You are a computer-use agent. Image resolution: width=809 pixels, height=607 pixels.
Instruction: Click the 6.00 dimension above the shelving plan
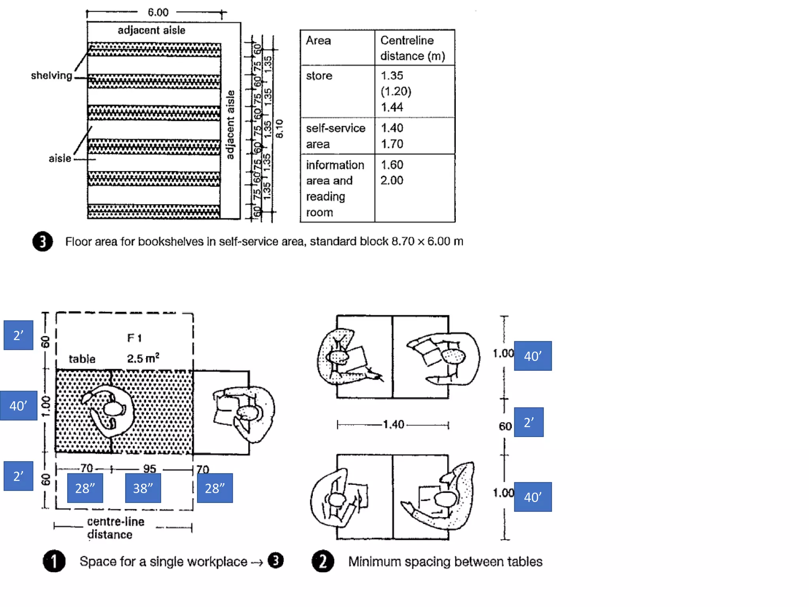[158, 12]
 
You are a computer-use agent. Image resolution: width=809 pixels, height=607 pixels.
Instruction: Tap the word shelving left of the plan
[51, 75]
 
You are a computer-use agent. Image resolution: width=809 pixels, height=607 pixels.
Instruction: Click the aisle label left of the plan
[60, 158]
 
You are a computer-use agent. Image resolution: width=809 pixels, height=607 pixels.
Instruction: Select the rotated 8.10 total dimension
[279, 128]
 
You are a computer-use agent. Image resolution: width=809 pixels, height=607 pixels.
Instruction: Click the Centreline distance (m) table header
[412, 48]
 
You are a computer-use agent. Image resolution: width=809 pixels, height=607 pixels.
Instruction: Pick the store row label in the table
[319, 75]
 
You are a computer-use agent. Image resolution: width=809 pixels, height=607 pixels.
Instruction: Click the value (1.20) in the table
[396, 91]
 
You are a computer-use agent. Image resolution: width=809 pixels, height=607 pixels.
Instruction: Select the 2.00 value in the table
[392, 181]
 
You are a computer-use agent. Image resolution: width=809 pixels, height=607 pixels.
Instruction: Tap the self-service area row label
[335, 136]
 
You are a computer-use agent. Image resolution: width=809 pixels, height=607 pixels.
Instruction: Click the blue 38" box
[143, 488]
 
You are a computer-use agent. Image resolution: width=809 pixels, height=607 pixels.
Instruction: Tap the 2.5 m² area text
[143, 358]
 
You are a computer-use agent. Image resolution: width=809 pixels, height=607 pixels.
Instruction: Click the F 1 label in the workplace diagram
[134, 338]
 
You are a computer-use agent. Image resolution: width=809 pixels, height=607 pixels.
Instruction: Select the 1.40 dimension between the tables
[393, 425]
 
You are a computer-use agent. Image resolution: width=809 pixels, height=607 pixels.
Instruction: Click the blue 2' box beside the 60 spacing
[529, 422]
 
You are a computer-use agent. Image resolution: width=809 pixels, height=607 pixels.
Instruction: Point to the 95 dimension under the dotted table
[150, 469]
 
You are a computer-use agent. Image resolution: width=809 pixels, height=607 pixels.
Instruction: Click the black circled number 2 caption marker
[323, 561]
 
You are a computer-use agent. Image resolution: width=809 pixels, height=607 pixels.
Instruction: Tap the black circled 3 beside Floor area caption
[43, 241]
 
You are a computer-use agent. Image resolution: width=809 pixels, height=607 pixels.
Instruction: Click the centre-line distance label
[115, 528]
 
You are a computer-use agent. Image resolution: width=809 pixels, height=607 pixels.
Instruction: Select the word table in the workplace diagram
[82, 359]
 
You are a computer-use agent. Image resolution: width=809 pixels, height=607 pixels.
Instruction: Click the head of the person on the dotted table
[113, 409]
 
